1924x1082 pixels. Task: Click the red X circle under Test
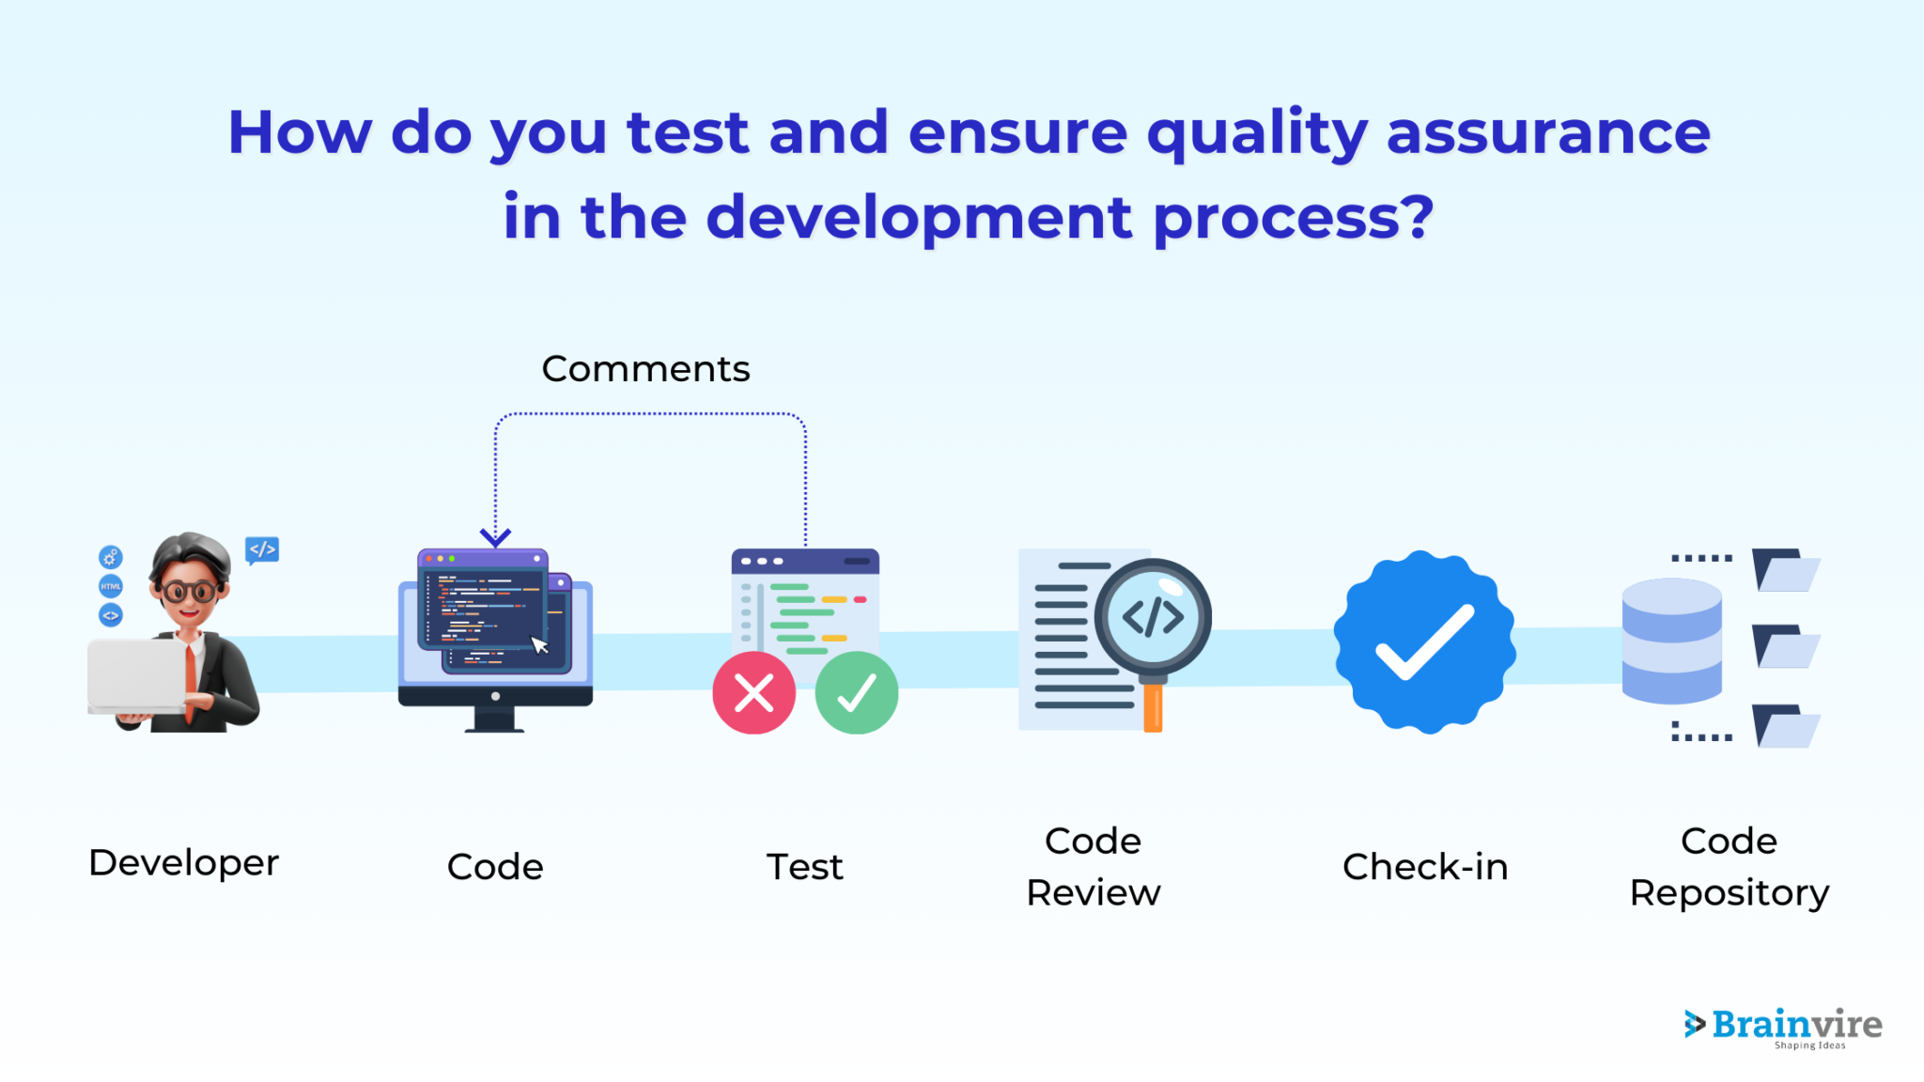753,693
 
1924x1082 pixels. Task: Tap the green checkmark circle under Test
856,693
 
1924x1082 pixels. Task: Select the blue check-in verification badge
1424,642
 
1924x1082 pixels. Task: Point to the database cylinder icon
1671,641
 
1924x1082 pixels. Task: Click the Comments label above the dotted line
645,369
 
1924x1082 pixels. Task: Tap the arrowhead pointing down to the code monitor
495,537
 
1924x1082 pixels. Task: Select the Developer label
183,862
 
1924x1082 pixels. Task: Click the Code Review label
1093,866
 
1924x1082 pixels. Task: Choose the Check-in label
1424,866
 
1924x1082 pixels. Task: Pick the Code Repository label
1729,866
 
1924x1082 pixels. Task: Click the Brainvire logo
1782,1026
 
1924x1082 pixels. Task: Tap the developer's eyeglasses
189,592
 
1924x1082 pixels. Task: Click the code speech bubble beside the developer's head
262,549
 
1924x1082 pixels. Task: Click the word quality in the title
1257,133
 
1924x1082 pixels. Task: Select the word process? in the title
1293,218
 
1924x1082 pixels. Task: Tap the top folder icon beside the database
1785,570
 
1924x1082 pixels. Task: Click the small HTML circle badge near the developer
111,586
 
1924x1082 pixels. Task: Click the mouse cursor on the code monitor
539,644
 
